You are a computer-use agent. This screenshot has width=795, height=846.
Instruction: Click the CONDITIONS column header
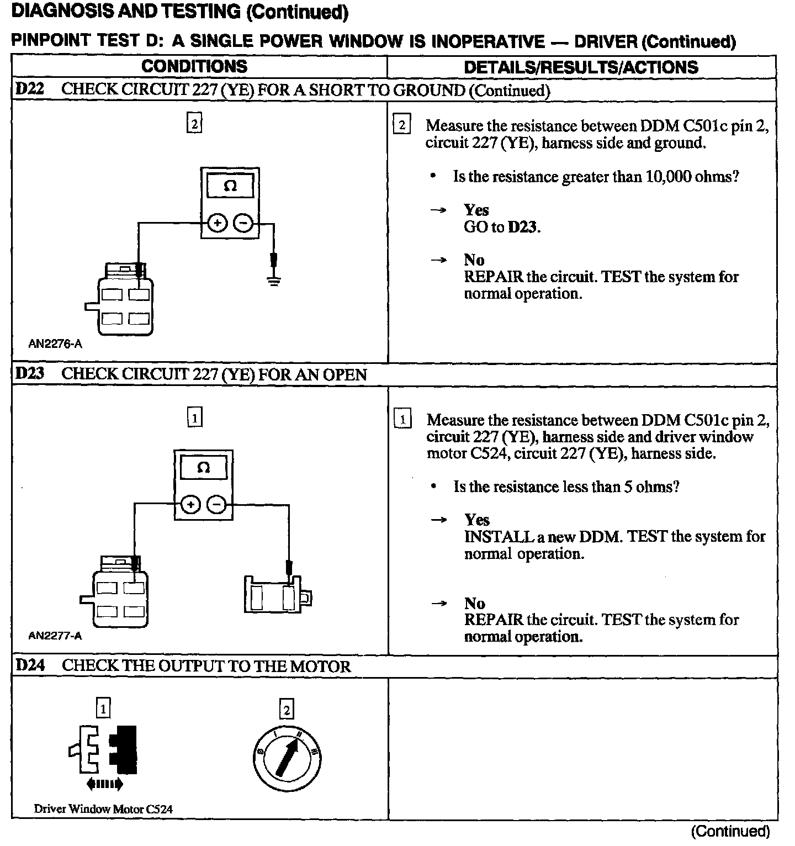[194, 66]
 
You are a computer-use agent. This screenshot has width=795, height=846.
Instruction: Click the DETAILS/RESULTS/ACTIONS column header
[581, 67]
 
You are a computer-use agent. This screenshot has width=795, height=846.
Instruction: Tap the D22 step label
[30, 89]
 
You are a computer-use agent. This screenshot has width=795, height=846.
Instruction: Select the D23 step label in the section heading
[30, 374]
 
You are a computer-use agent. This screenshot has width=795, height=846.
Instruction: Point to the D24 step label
[30, 665]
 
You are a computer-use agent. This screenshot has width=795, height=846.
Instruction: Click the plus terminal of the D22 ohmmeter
[217, 223]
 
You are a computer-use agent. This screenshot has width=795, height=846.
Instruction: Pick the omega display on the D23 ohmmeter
[203, 468]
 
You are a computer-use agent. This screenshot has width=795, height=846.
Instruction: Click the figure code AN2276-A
[55, 344]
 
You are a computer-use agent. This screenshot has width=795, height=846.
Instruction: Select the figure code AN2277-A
[55, 636]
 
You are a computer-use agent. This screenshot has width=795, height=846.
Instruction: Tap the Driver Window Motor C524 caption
[103, 809]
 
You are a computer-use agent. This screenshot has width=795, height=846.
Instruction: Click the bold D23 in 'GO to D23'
[522, 227]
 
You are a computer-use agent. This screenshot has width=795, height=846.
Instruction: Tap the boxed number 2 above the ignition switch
[287, 708]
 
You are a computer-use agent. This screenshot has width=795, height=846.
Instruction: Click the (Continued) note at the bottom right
[730, 831]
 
